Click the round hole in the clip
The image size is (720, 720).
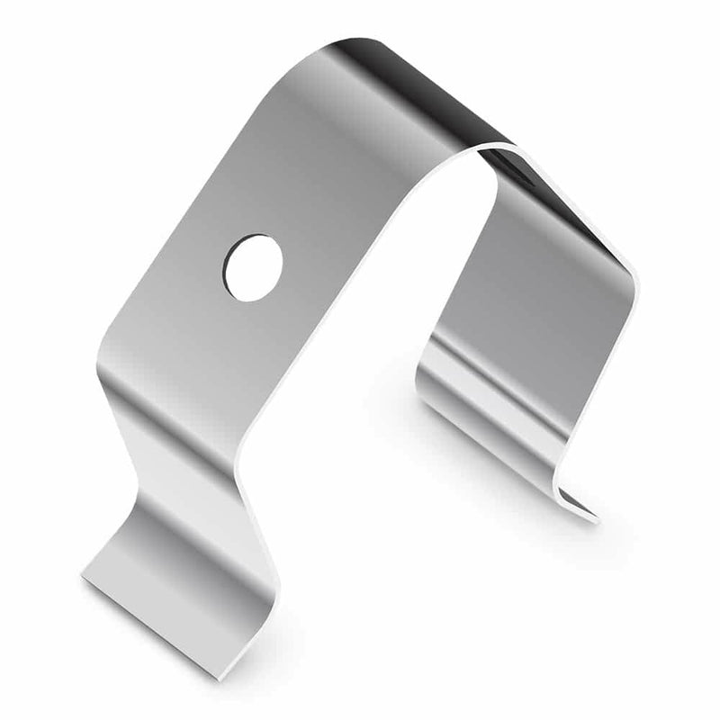(x=253, y=267)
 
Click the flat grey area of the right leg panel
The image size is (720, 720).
(x=540, y=297)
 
